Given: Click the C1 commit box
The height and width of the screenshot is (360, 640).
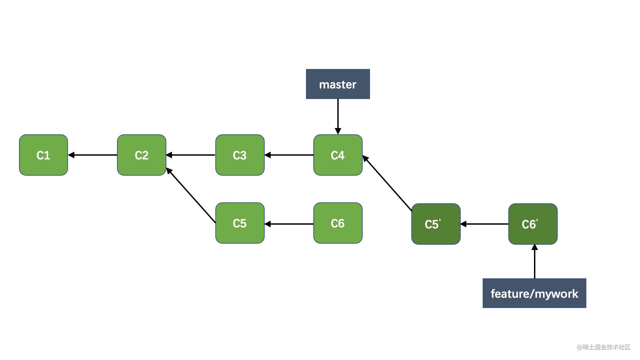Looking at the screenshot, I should pyautogui.click(x=43, y=155).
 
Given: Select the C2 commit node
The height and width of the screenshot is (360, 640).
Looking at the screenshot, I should pyautogui.click(x=142, y=155).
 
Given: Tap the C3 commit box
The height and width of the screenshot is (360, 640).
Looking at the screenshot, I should pyautogui.click(x=240, y=155).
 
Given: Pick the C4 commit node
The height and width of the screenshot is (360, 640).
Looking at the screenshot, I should pyautogui.click(x=338, y=155).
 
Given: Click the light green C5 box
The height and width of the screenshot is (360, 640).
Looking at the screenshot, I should pyautogui.click(x=240, y=223).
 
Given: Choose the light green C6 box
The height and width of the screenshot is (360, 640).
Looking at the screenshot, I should pyautogui.click(x=338, y=223).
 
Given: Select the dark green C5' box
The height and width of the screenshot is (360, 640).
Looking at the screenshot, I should pyautogui.click(x=436, y=224).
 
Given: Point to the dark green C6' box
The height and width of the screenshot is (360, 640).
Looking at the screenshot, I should pyautogui.click(x=533, y=224).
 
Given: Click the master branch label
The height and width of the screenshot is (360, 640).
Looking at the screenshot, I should pyautogui.click(x=338, y=84).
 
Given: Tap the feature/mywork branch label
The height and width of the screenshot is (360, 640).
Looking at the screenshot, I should pyautogui.click(x=534, y=293).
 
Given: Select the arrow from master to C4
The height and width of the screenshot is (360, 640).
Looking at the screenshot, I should pyautogui.click(x=338, y=117).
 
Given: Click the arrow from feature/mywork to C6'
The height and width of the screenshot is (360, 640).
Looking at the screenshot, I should pyautogui.click(x=535, y=262).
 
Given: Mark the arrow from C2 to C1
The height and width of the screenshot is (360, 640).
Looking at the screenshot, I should pyautogui.click(x=93, y=155).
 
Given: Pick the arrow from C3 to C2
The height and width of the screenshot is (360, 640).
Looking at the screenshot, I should pyautogui.click(x=191, y=155).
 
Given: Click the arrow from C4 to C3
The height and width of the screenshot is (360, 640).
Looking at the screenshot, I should pyautogui.click(x=289, y=155).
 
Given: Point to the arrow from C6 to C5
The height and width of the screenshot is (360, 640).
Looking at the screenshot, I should pyautogui.click(x=289, y=224).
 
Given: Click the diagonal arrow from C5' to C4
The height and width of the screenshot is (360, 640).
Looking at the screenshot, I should pyautogui.click(x=387, y=183).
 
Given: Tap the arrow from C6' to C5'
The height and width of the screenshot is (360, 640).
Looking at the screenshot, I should pyautogui.click(x=484, y=224).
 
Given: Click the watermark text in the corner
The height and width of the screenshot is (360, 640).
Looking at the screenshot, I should pyautogui.click(x=604, y=347).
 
